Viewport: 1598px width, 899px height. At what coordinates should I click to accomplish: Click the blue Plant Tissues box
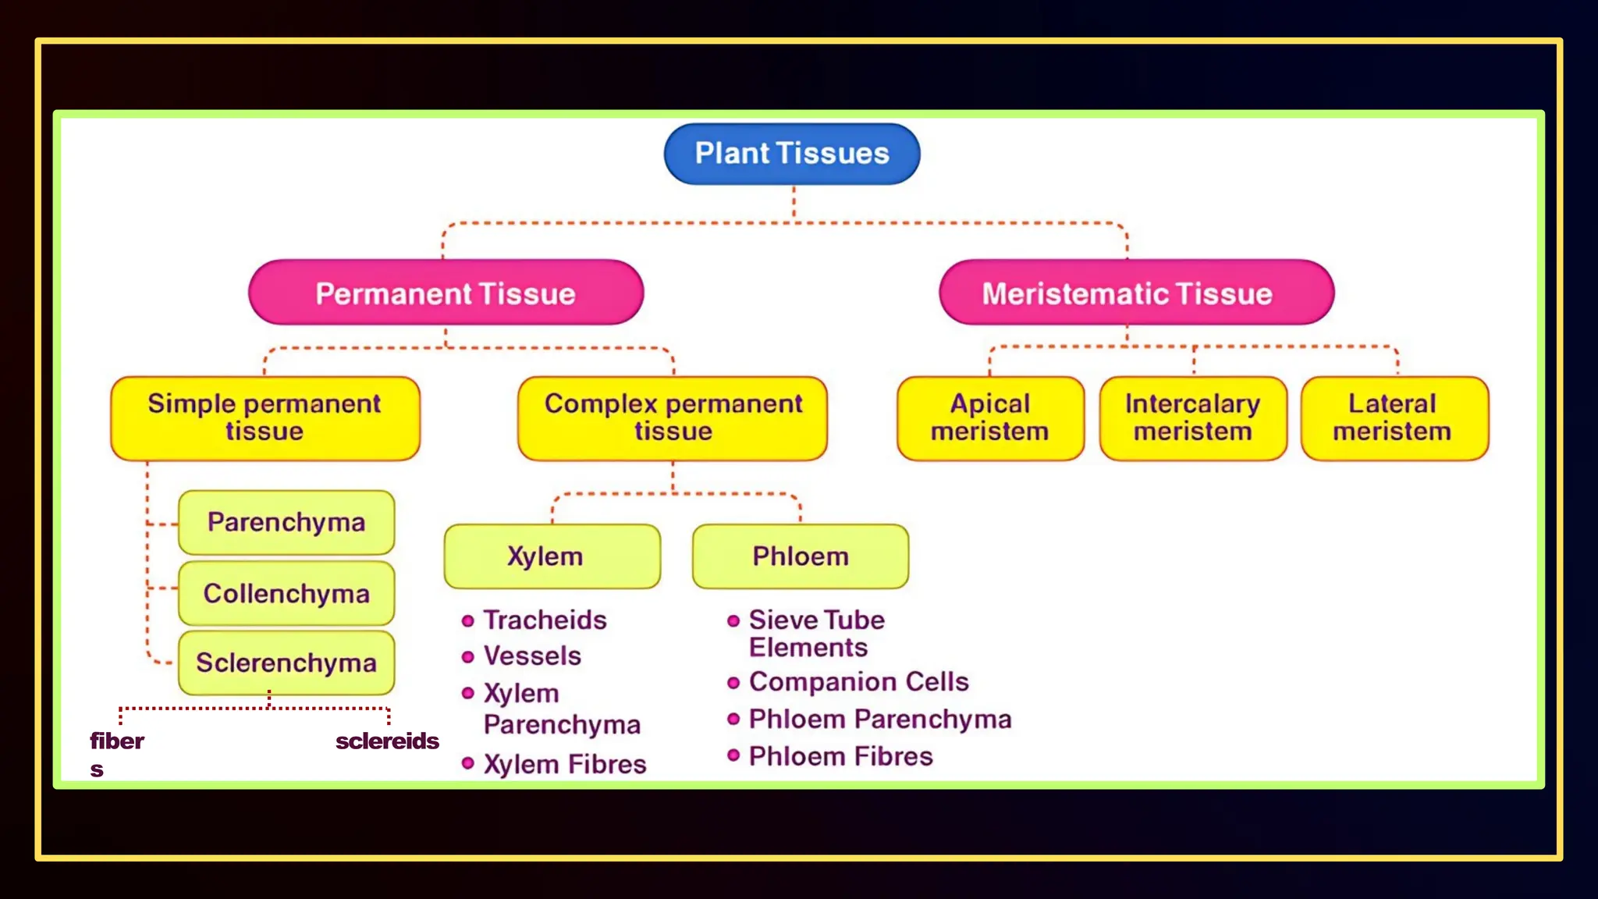(x=791, y=154)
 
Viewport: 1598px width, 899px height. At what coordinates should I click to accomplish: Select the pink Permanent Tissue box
(x=446, y=293)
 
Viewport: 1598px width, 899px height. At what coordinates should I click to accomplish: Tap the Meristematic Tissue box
(x=1136, y=293)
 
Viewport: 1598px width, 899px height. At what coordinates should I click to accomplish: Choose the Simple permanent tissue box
(x=265, y=418)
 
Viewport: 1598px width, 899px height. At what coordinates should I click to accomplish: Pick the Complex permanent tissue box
(x=673, y=418)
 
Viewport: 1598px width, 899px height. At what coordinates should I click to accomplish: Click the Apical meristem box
(x=990, y=418)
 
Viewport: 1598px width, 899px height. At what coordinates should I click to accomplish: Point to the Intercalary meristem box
(x=1193, y=418)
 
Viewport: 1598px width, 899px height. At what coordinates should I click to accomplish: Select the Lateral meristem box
(x=1394, y=418)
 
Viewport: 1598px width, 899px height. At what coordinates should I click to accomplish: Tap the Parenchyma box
(x=286, y=522)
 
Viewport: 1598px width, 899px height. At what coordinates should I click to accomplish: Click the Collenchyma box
(x=286, y=593)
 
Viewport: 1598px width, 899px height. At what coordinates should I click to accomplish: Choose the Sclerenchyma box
(x=286, y=663)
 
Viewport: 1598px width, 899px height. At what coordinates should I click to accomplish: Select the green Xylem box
(x=552, y=556)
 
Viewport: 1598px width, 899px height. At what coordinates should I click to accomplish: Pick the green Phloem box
(x=800, y=556)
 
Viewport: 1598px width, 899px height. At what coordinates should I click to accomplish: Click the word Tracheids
(x=545, y=620)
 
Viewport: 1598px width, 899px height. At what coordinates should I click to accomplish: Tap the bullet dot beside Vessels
(x=468, y=657)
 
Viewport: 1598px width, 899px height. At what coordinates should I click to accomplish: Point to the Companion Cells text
(x=858, y=682)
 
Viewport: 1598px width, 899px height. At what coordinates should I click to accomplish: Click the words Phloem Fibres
(x=840, y=756)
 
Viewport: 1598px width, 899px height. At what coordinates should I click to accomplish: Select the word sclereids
(x=387, y=741)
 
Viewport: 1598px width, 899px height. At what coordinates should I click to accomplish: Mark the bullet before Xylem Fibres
(x=468, y=763)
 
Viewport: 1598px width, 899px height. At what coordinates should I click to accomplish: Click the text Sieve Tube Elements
(x=816, y=634)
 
